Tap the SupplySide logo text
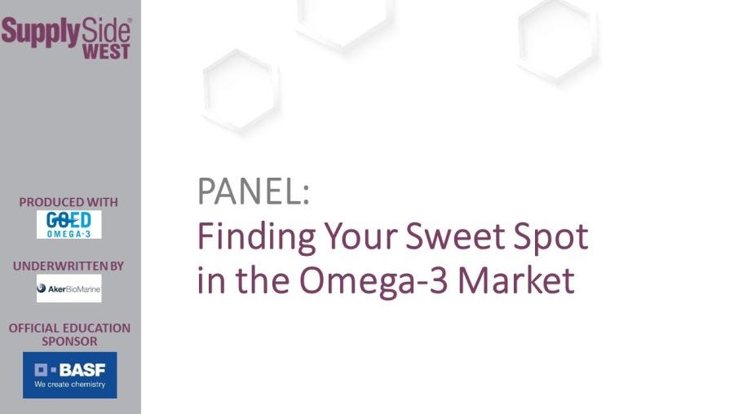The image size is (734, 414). coord(66,31)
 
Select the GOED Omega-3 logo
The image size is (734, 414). coord(69,224)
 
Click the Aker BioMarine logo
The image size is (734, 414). coord(69,288)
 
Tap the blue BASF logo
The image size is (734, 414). coord(69,375)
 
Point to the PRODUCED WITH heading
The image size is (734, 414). coord(69,202)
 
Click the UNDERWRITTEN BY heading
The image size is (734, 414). coord(69,266)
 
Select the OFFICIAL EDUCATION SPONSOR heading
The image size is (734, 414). coord(69,334)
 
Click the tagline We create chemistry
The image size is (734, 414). coord(69,385)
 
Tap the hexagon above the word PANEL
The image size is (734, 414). coord(241,88)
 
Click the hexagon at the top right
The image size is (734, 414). coord(558,38)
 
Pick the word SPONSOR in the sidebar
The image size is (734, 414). coord(69,341)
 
